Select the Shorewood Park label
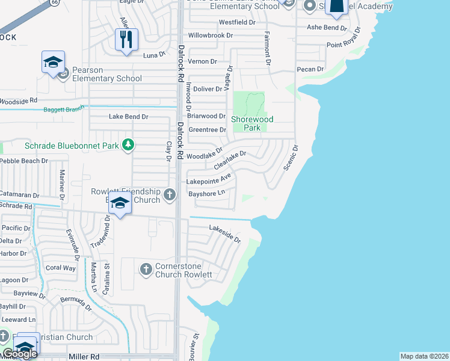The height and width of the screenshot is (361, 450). coord(253,123)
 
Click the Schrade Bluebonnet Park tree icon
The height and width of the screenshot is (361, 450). coord(128,144)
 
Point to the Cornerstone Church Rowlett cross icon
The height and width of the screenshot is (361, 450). coord(146,269)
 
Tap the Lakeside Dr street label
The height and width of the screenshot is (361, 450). coord(225,233)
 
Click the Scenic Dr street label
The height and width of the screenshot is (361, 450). coord(290,158)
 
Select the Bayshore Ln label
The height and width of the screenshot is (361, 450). coord(206,193)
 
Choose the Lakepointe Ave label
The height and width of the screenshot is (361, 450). coord(209,179)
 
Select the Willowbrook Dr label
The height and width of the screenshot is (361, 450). coord(210,35)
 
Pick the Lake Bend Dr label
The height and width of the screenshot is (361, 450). coord(128,116)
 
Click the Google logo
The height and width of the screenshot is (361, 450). coord(20,353)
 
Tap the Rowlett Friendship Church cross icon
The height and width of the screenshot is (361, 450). coord(170,194)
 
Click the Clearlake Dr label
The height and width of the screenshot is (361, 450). coord(229,161)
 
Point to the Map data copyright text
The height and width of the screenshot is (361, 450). coord(425,356)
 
